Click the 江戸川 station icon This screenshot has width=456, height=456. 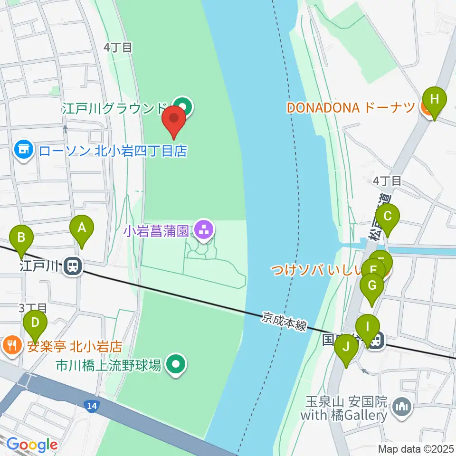point(73,266)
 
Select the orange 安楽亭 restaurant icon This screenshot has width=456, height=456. point(10,344)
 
